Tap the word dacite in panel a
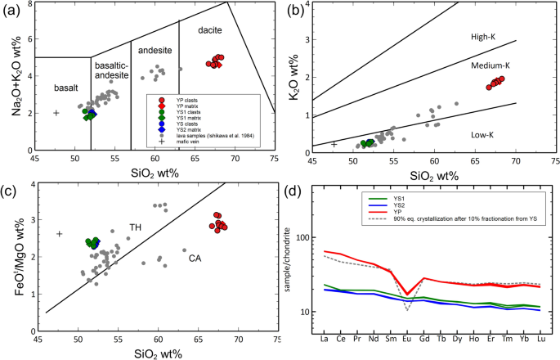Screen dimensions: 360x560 pos(189,30)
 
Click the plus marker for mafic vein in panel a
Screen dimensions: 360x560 pos(56,113)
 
